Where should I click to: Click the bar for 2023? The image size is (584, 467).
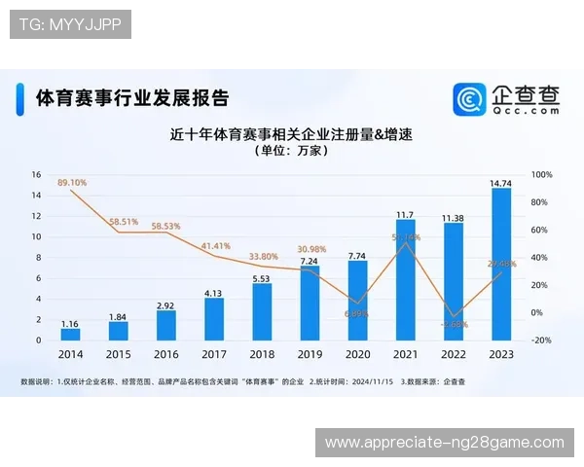[x=501, y=264]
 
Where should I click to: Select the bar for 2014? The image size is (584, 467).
[x=70, y=334]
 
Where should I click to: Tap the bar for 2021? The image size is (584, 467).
[x=406, y=280]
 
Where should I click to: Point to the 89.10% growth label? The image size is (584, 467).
[x=72, y=182]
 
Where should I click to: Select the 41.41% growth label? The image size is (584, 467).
[x=216, y=246]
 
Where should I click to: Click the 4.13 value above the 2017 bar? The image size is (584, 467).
[x=214, y=292]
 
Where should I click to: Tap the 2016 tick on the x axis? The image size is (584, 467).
[x=166, y=354]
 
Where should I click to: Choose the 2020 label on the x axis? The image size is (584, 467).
[x=357, y=354]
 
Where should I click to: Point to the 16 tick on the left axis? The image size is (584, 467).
[x=37, y=175]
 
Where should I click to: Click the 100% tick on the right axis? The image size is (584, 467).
[x=543, y=175]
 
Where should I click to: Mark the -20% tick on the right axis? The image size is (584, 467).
[x=543, y=341]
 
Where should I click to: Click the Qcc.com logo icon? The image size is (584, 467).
[x=470, y=99]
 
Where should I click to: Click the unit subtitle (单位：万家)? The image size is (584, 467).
[x=291, y=152]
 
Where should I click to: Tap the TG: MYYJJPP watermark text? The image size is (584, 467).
[x=70, y=24]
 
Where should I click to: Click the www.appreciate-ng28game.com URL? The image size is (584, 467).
[x=444, y=443]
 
